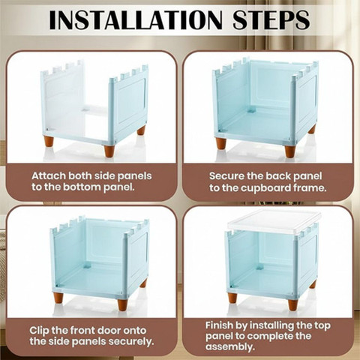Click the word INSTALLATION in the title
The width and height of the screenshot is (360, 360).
point(136,19)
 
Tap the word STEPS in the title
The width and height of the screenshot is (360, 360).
point(271,19)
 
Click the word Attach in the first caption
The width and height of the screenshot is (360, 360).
point(49,175)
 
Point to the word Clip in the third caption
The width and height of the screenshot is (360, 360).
point(39,331)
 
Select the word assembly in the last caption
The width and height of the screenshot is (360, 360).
point(230,347)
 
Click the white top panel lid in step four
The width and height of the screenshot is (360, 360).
point(274,223)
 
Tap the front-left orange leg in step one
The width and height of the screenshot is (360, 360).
point(49,141)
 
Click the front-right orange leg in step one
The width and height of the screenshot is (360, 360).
point(109,151)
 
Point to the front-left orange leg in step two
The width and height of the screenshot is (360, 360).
point(220,143)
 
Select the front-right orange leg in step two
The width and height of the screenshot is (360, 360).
point(290,151)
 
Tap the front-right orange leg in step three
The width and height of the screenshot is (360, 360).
point(123,304)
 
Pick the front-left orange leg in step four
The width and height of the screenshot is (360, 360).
point(232,298)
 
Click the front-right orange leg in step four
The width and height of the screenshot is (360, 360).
point(293,304)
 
